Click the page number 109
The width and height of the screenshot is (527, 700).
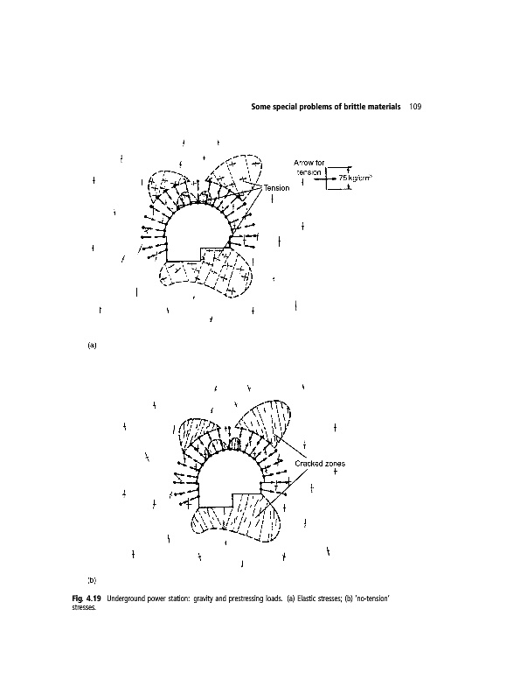[415, 107]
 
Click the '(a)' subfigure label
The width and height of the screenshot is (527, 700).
[91, 346]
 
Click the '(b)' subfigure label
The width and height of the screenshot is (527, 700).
[91, 579]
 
